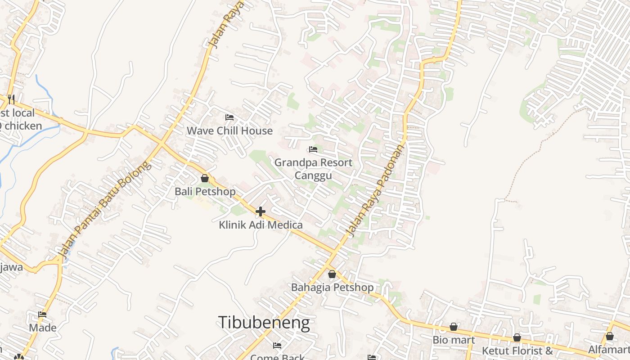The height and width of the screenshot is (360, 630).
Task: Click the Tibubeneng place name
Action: pos(264,323)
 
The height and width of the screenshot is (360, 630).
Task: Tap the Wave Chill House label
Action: pos(229,130)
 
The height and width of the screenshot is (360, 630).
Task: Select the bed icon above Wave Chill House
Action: pos(229,117)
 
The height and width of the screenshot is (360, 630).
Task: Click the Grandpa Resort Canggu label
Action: pos(313,168)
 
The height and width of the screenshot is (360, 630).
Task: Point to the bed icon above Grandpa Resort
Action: pos(313,149)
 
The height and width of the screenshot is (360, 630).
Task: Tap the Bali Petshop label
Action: pos(205,191)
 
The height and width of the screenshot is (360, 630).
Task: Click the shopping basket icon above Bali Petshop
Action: pos(205,178)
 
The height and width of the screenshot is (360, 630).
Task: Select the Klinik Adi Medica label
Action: pos(261,225)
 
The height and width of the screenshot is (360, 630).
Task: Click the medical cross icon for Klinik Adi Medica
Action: pos(261,211)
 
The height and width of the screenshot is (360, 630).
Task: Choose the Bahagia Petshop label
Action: pos(332,287)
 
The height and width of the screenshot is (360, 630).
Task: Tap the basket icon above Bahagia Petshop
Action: pos(332,274)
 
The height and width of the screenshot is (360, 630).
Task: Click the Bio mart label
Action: pos(454,340)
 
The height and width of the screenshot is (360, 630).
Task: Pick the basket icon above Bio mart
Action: pos(454,327)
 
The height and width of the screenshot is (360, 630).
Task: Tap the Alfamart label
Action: pos(609,349)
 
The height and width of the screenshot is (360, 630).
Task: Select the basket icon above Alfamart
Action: pos(609,336)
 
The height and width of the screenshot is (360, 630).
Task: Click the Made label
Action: pos(43,327)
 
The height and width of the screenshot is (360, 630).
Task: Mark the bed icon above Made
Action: pos(42,315)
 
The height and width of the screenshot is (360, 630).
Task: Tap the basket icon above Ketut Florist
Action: pos(517,337)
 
